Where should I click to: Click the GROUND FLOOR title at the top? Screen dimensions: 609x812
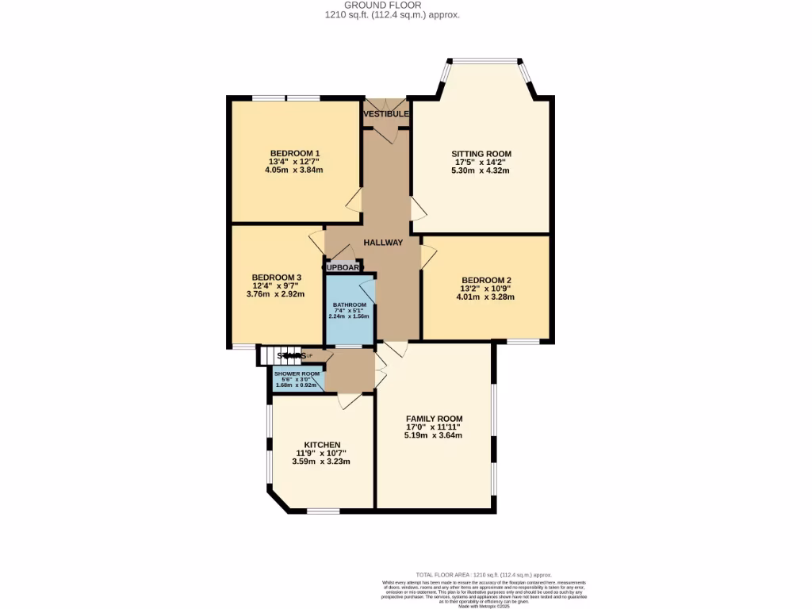pos(381,5)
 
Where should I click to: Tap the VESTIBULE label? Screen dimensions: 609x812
pos(386,114)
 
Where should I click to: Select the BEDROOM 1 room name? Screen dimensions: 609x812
pos(294,153)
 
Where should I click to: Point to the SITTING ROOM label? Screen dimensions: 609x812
pos(481,154)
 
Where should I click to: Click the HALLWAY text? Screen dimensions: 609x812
pos(383,243)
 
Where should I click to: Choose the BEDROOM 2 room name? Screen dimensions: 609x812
pos(485,281)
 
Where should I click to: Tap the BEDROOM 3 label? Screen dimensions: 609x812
pos(276,278)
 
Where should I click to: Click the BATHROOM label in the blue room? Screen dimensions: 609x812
pos(349,305)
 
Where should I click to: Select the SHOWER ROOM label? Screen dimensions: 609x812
pos(297,373)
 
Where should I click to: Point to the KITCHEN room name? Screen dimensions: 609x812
pos(322,445)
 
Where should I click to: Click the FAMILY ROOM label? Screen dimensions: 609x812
pos(434,419)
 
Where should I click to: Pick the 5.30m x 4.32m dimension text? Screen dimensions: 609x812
pos(481,170)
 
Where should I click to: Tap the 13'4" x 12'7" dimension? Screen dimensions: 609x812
pos(294,162)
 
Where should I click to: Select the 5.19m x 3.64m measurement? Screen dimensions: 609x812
pos(433,435)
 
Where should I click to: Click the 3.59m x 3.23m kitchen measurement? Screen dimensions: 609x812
pos(321,462)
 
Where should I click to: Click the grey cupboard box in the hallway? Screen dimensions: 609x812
pos(342,267)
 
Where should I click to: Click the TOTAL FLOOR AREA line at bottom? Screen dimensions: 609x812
pos(484,575)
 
